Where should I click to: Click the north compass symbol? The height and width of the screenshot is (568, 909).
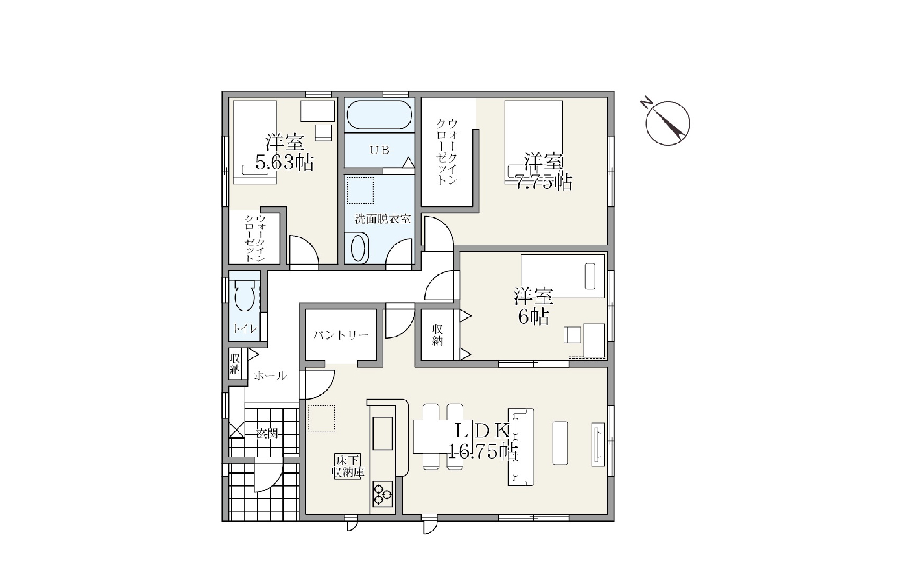tap(667, 123)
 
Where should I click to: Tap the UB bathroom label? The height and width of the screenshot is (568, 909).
tap(379, 150)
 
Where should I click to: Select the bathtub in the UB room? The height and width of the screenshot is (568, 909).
tap(379, 114)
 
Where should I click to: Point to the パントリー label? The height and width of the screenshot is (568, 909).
tap(341, 335)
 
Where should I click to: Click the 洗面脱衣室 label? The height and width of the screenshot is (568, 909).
tap(383, 219)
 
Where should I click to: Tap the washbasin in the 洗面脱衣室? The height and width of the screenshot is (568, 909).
tap(359, 249)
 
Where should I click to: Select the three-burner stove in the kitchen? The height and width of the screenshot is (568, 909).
tap(383, 494)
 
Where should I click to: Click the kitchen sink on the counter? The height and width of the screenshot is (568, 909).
tap(383, 433)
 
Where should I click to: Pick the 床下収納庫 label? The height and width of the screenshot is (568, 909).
tap(348, 466)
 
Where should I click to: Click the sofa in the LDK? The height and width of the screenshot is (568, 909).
tap(521, 447)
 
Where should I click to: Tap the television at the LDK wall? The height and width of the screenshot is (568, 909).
tap(598, 445)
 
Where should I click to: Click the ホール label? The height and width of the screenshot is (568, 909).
tap(270, 376)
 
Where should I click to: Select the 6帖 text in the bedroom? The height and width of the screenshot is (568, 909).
tap(533, 317)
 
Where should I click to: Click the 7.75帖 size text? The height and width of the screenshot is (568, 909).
tap(544, 182)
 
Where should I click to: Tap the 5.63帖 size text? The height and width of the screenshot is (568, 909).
tap(285, 163)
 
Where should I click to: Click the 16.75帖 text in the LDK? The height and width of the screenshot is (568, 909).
tap(483, 451)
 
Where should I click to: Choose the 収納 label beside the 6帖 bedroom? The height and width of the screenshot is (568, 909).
tap(437, 335)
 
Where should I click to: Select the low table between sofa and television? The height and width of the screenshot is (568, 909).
tap(560, 443)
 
